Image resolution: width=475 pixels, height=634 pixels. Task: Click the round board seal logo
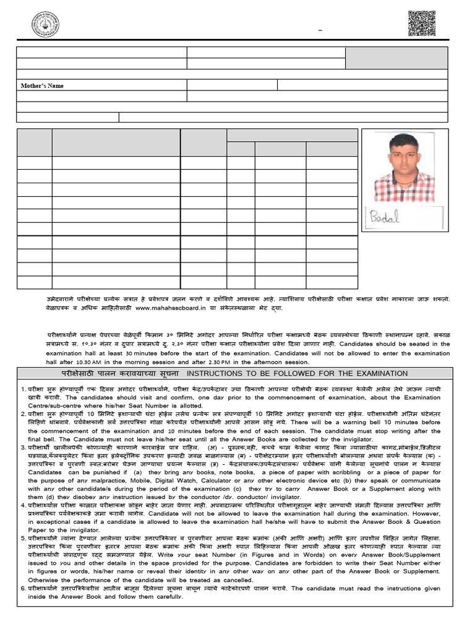tap(45, 24)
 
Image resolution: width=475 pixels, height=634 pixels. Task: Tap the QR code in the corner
tap(422, 24)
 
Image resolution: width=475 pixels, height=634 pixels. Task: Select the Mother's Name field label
tap(43, 85)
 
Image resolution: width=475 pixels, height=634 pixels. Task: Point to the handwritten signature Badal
tap(385, 218)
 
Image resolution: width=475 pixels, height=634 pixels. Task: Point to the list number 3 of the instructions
tap(22, 447)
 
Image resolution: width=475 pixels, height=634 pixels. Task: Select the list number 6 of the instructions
tap(22, 588)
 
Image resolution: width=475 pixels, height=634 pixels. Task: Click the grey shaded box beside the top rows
tap(396, 58)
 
